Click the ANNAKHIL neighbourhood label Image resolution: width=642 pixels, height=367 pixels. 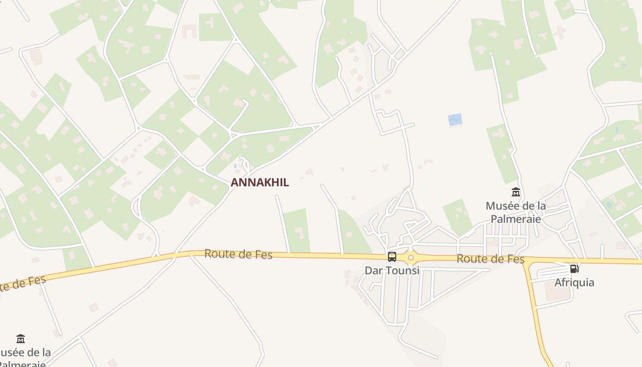coord(260,183)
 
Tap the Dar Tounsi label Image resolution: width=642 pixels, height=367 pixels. coord(392,271)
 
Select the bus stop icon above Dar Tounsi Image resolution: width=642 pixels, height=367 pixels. coord(392,257)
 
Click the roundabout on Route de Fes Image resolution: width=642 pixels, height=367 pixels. coord(410,258)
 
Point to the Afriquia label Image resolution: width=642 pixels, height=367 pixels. coord(574,283)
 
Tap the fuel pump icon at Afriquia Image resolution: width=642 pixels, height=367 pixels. coord(574,269)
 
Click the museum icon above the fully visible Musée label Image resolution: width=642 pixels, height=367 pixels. coord(516,192)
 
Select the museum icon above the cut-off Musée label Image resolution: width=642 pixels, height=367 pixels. coord(21,339)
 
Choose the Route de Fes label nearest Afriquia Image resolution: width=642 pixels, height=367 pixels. coord(490,259)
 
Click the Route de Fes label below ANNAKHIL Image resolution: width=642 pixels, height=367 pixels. coord(238,254)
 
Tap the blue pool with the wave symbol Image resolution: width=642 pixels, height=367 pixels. coord(455,120)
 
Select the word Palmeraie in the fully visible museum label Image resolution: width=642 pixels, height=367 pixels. coord(516,219)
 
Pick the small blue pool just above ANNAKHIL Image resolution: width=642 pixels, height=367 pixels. coord(236,166)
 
